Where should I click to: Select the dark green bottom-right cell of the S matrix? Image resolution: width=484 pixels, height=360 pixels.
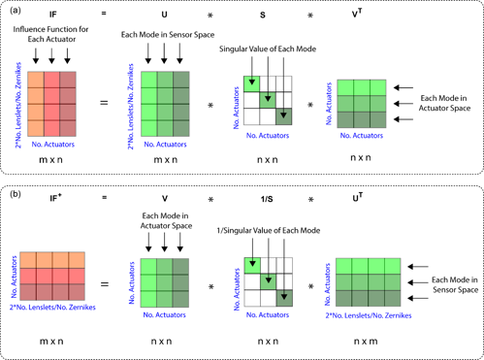[285, 115]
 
